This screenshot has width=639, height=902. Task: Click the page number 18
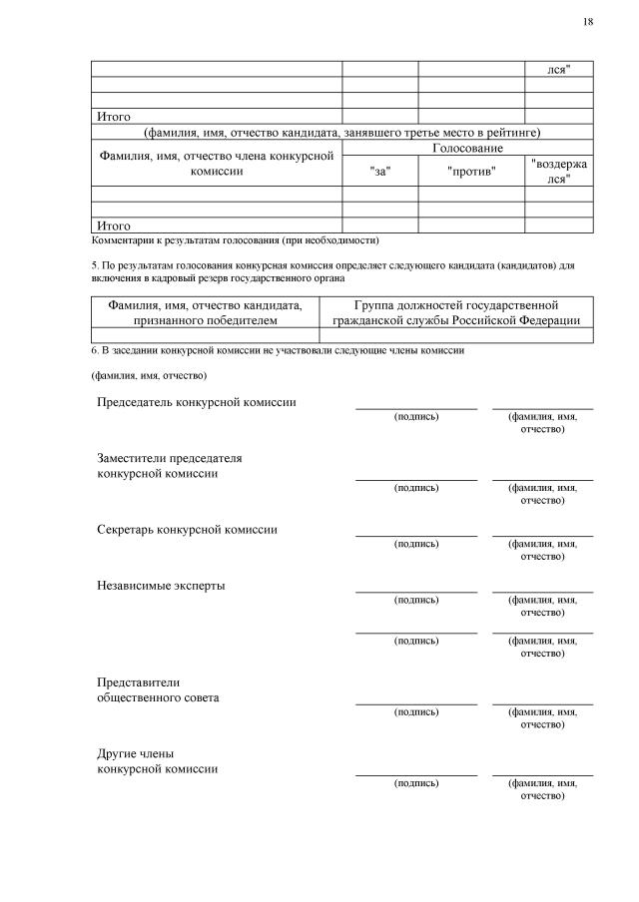click(587, 22)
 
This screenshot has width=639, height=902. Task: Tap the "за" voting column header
click(379, 171)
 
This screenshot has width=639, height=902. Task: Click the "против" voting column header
click(471, 171)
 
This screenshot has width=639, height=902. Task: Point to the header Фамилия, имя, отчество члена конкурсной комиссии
click(217, 163)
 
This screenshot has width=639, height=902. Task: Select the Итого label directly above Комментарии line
click(114, 225)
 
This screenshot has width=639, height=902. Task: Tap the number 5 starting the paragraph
click(93, 266)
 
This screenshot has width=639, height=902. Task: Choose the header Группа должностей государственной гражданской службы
click(456, 312)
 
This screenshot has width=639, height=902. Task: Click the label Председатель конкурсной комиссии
click(196, 402)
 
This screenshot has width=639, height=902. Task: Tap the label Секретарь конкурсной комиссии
click(187, 530)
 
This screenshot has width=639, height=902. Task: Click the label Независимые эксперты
click(161, 586)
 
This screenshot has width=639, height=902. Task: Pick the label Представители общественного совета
click(158, 689)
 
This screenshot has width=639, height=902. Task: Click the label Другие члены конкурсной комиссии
click(157, 761)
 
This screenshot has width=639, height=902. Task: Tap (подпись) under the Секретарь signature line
click(416, 544)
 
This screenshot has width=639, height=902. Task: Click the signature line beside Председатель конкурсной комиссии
click(416, 406)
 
